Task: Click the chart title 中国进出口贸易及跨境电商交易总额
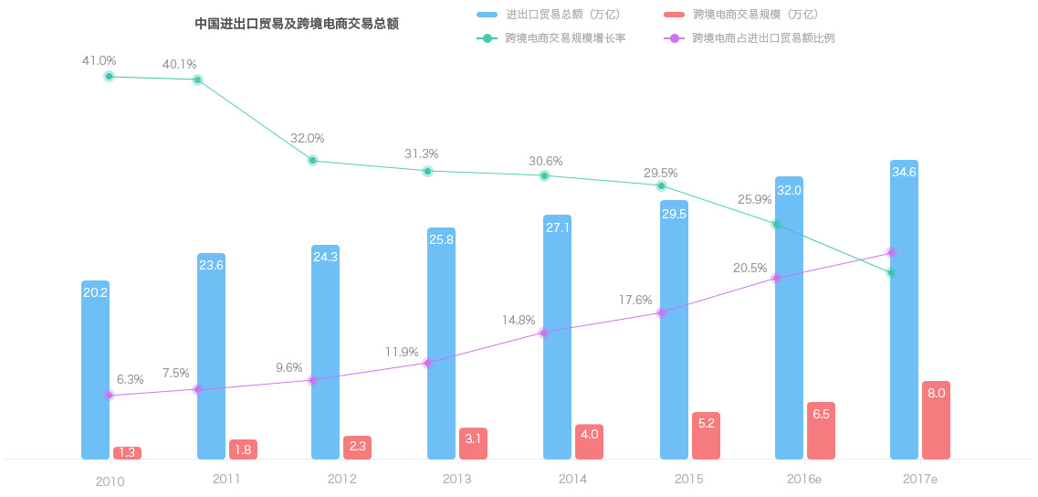297,24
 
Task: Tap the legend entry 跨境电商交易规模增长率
564,38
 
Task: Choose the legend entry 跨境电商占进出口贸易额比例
763,38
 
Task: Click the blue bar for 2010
95,370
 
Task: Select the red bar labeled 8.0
936,420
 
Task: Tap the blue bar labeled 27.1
557,337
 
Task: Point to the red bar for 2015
706,436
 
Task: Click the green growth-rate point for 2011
197,80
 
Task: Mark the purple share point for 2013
427,363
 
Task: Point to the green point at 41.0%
109,77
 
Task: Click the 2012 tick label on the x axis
341,480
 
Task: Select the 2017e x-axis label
919,480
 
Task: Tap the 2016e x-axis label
804,480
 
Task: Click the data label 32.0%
308,138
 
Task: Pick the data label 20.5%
750,268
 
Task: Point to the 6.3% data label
130,379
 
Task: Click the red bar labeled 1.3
127,453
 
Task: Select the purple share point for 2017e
891,253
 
